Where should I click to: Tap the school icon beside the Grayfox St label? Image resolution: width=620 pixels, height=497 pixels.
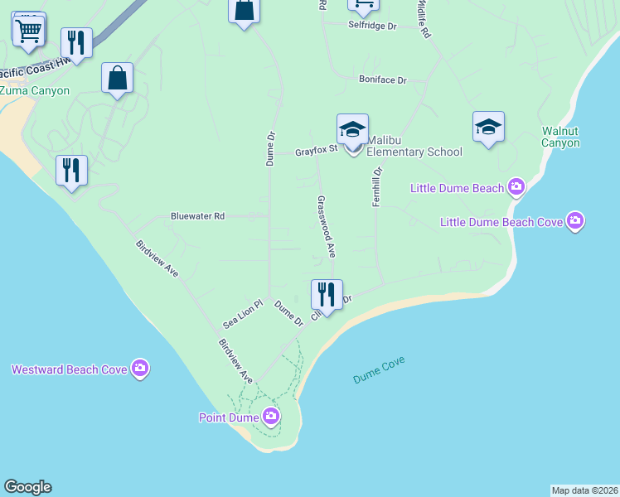point(352,129)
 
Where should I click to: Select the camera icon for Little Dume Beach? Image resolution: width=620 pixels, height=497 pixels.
point(516,188)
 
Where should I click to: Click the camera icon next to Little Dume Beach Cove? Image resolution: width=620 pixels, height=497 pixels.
point(575,221)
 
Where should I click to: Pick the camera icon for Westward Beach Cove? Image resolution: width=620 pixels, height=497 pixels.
point(140,369)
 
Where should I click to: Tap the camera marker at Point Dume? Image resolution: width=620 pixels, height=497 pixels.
point(270,417)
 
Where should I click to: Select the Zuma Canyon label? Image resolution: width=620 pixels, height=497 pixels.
point(35,90)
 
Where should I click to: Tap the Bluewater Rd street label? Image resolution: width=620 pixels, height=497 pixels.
point(197,216)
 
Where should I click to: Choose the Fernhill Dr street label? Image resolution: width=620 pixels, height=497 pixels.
point(376,187)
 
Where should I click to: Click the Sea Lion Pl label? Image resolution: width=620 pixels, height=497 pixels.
point(242,314)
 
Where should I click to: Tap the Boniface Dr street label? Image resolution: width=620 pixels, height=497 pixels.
point(382,80)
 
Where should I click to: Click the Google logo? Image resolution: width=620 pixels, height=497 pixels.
point(27,487)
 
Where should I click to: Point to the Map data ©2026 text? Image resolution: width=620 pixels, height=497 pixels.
point(584,490)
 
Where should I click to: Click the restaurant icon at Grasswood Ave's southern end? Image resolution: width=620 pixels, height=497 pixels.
point(327,295)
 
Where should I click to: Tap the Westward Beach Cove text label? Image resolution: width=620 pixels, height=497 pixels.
point(69,369)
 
